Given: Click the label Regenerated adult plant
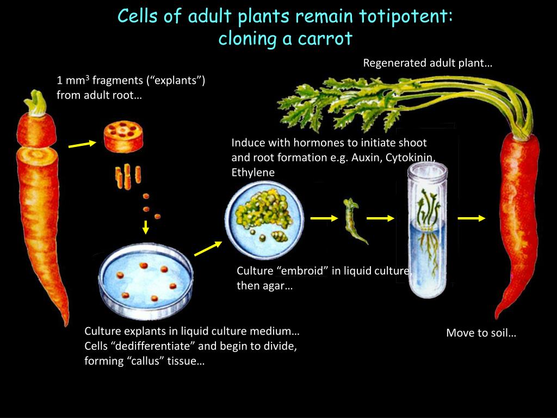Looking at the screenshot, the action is pos(427,63).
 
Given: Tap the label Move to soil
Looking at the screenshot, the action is pos(481,333).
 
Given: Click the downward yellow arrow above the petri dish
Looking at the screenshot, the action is pos(146,226).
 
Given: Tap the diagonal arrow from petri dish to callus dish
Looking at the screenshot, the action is pos(208,248).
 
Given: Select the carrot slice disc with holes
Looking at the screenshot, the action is pos(123,137).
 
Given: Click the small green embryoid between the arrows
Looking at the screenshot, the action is pos(352,220).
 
